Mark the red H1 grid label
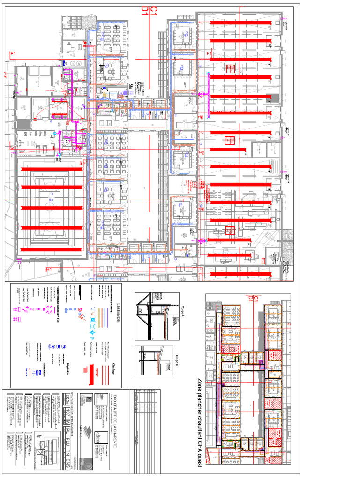tap(48, 270)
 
